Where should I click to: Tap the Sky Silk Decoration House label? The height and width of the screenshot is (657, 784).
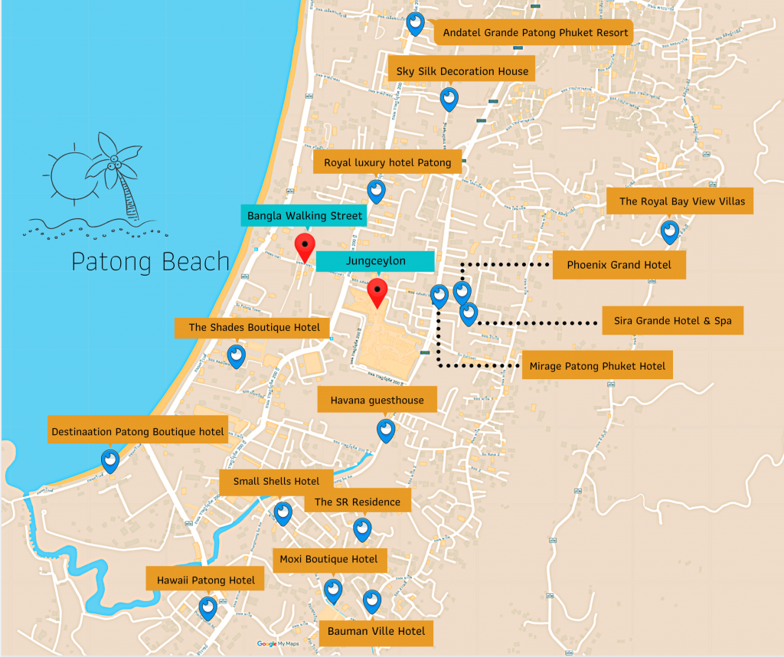pos(462,71)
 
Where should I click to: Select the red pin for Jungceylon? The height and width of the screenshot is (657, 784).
pos(377,292)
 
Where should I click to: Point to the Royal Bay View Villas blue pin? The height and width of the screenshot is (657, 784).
pos(670,231)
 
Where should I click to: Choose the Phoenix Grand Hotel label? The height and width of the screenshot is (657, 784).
pos(619,265)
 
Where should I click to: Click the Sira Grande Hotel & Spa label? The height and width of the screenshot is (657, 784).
pos(672,321)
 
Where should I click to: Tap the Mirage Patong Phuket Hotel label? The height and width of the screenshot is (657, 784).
pos(597,366)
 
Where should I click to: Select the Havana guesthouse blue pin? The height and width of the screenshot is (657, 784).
pos(386,430)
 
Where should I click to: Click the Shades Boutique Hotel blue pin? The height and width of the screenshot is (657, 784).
pos(237,355)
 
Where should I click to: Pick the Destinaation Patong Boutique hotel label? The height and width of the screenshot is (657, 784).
pos(138,432)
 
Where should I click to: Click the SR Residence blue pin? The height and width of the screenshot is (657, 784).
pos(362,528)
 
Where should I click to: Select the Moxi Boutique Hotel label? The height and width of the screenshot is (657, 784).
pos(328,559)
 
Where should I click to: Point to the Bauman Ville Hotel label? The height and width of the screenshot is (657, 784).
pos(376,632)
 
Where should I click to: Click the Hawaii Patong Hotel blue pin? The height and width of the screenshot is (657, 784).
pos(208,608)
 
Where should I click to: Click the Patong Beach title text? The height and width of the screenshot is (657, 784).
pos(150,261)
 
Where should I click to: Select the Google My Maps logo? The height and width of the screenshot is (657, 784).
pos(277,644)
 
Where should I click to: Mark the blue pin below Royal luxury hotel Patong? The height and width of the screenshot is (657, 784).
pos(376,190)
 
